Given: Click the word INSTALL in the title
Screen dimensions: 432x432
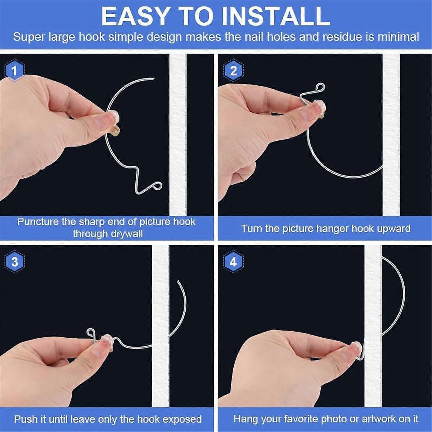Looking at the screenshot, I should (x=275, y=16).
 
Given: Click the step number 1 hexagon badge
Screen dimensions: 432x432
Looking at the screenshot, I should (x=14, y=71).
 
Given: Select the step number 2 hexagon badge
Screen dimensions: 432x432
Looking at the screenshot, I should (x=233, y=71).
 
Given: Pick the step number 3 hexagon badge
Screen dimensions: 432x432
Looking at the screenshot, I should (x=14, y=262).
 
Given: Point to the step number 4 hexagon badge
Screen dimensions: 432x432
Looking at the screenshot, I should (x=233, y=262).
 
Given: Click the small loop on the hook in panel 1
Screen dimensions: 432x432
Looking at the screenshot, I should (x=157, y=186).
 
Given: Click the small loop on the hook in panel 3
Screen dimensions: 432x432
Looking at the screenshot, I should (x=91, y=332).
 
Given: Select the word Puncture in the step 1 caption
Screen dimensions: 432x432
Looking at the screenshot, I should (x=38, y=221).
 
